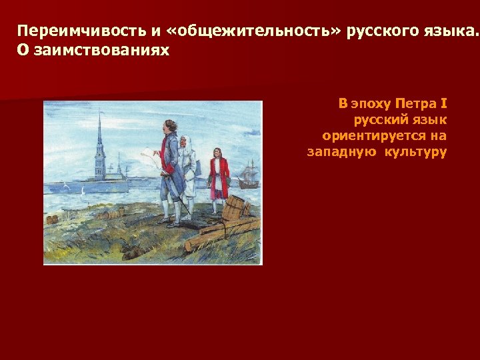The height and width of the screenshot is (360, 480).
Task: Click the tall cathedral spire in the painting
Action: click(x=99, y=143)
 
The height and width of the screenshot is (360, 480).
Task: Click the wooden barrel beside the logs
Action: click(x=233, y=207)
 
